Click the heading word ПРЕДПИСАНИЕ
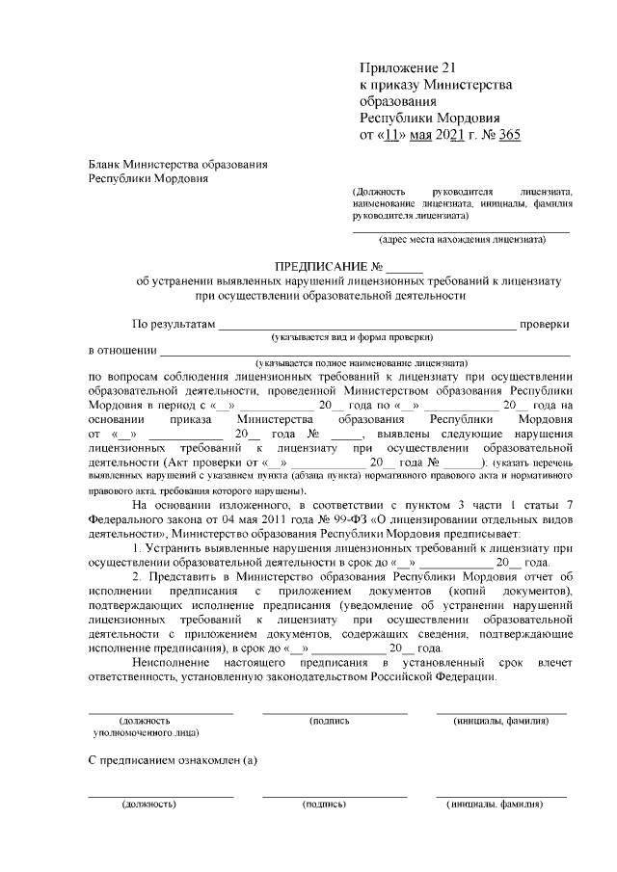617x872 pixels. pyautogui.click(x=322, y=266)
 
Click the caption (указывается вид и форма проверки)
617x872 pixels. pyautogui.click(x=352, y=337)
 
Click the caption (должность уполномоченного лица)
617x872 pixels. pyautogui.click(x=147, y=727)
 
